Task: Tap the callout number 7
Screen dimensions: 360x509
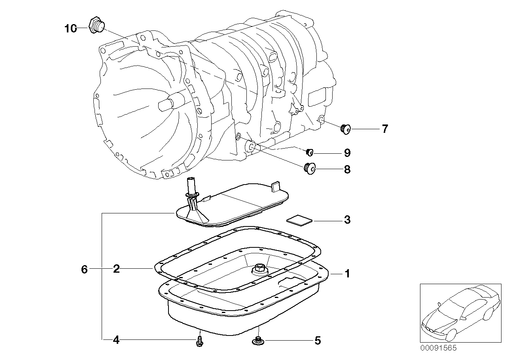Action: pos(384,129)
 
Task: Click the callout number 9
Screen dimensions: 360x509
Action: pos(347,153)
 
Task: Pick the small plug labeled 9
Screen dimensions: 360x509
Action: pos(310,152)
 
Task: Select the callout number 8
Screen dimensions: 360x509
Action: pos(347,170)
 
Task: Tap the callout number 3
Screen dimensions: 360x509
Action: pos(347,220)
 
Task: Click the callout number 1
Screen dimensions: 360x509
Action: pos(347,273)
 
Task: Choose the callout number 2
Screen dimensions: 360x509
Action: pos(116,269)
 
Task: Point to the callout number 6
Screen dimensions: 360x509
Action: pos(84,269)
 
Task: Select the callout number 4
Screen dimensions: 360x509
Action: pos(116,339)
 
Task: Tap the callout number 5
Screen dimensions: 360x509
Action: pos(318,340)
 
